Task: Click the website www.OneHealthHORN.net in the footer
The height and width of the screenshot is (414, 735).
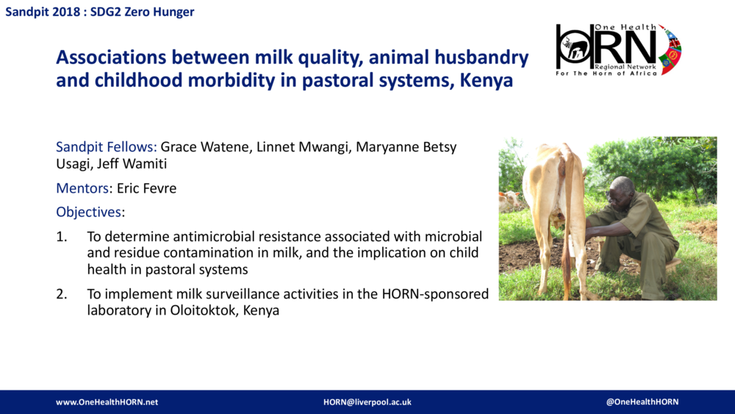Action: [x=107, y=402]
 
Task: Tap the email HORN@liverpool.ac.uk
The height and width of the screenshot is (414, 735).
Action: [x=367, y=402]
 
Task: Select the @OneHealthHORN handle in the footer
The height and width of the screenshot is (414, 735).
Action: [x=642, y=402]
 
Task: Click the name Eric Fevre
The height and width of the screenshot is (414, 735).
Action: [x=146, y=188]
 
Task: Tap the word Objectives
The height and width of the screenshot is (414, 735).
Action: [x=89, y=212]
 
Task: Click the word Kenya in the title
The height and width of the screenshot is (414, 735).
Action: [x=486, y=81]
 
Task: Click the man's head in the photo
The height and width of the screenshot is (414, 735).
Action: [x=623, y=189]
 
